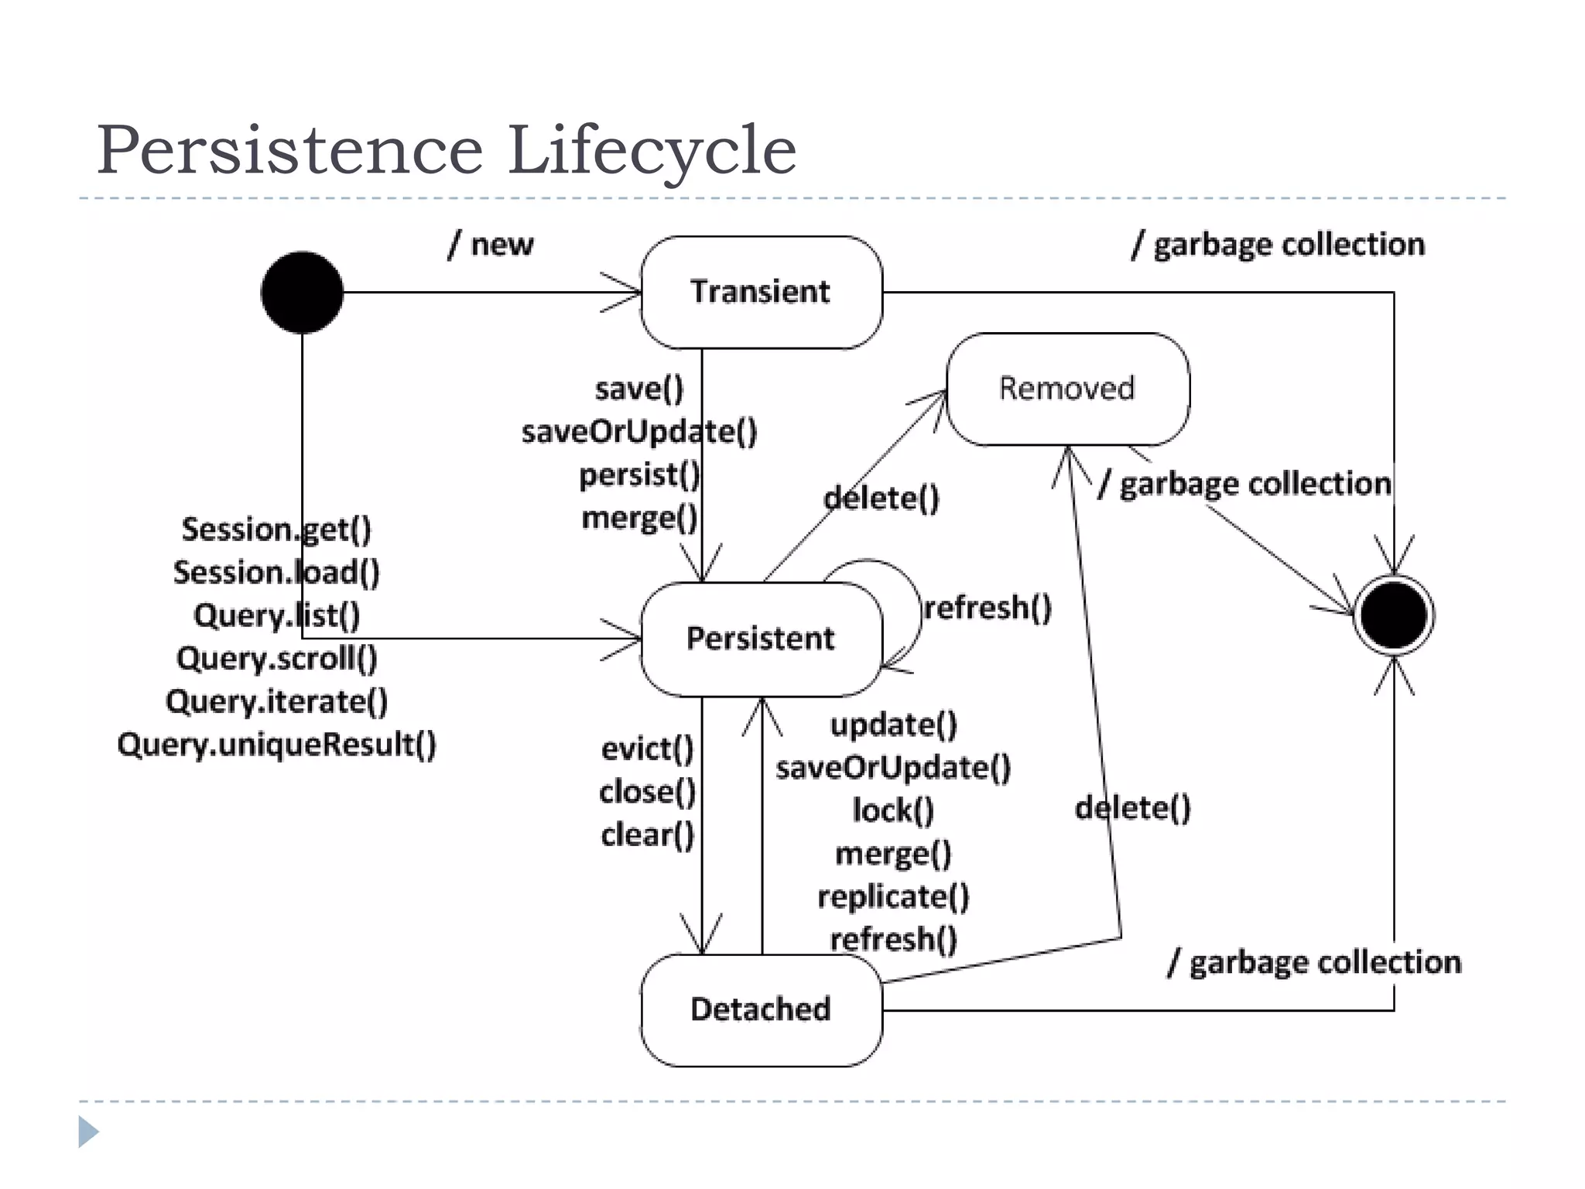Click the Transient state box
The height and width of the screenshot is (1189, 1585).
click(761, 293)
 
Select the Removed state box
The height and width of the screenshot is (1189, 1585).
click(1067, 389)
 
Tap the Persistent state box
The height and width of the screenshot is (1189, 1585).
click(761, 639)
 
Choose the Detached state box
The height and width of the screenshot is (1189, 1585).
click(761, 1009)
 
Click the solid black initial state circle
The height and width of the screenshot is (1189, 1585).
click(302, 293)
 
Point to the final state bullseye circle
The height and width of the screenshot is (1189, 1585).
click(1393, 615)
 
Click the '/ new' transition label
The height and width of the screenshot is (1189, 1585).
click(491, 245)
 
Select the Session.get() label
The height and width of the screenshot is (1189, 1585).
click(276, 529)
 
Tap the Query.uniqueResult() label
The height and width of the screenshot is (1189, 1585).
click(276, 745)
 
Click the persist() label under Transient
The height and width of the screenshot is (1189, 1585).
click(639, 475)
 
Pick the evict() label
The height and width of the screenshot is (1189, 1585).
click(647, 749)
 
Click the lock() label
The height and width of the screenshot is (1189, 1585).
click(893, 810)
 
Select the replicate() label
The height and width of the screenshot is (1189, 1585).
click(893, 896)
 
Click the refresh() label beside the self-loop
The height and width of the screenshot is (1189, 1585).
click(988, 608)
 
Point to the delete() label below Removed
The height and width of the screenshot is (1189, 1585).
click(1132, 808)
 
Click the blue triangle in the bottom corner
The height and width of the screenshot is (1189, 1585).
click(88, 1132)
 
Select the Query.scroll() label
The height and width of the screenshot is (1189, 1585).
click(276, 659)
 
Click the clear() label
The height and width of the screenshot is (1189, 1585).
click(647, 835)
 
